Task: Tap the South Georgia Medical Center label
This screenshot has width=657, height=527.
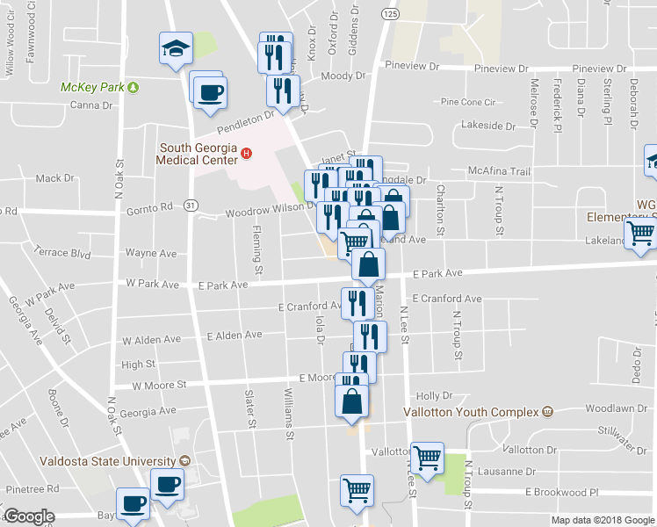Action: tap(199, 154)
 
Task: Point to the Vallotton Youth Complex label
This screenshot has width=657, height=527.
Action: tap(472, 411)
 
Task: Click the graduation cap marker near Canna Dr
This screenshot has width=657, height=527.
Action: tap(176, 50)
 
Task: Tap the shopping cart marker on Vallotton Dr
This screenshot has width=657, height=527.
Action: tap(427, 458)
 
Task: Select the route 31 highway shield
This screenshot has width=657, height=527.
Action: tap(191, 205)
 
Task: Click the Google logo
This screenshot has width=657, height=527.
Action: tap(29, 516)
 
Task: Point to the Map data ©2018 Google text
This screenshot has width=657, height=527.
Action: tap(602, 520)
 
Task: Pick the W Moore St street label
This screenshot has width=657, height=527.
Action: tap(159, 385)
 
